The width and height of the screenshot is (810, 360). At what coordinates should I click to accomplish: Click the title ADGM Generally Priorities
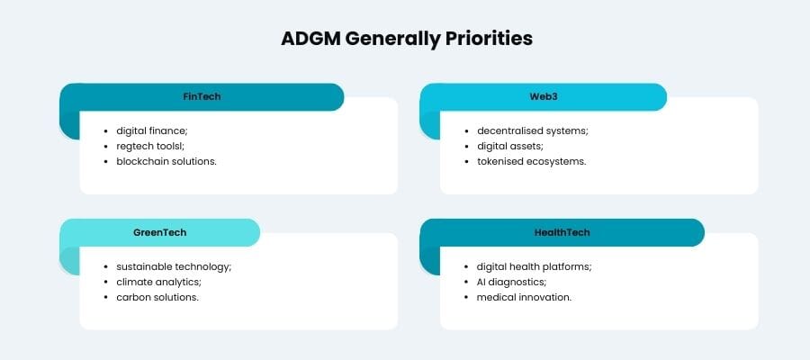(405, 40)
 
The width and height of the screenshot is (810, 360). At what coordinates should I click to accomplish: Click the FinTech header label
(202, 96)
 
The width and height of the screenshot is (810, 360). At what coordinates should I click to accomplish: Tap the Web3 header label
(544, 96)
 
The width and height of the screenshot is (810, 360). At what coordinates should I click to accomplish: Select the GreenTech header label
(159, 232)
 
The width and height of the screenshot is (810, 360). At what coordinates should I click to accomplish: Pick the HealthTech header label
(562, 232)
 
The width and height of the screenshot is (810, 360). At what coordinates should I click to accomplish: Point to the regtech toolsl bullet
(148, 146)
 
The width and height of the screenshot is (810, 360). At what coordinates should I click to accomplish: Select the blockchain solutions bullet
(166, 161)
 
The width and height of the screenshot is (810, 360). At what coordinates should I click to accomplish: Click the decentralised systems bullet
(532, 130)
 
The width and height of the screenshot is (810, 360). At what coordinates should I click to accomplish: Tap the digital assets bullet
(510, 146)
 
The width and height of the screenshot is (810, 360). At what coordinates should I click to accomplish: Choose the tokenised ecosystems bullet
(531, 161)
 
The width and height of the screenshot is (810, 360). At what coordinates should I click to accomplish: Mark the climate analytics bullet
(157, 282)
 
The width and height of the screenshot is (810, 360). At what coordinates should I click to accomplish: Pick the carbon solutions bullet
(157, 297)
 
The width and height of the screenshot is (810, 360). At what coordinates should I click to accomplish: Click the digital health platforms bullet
(534, 266)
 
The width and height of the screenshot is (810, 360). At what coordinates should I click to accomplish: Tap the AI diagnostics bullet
(511, 282)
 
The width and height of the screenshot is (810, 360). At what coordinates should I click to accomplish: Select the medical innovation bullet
(524, 297)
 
